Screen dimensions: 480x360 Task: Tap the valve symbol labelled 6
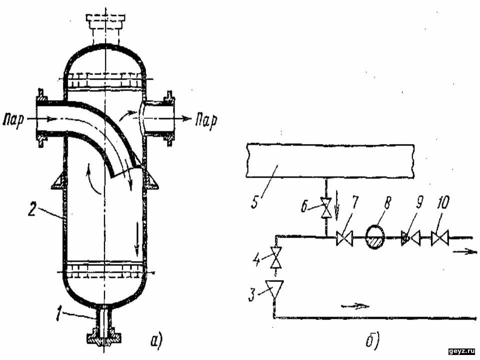(325, 207)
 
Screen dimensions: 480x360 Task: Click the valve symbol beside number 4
(274, 258)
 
